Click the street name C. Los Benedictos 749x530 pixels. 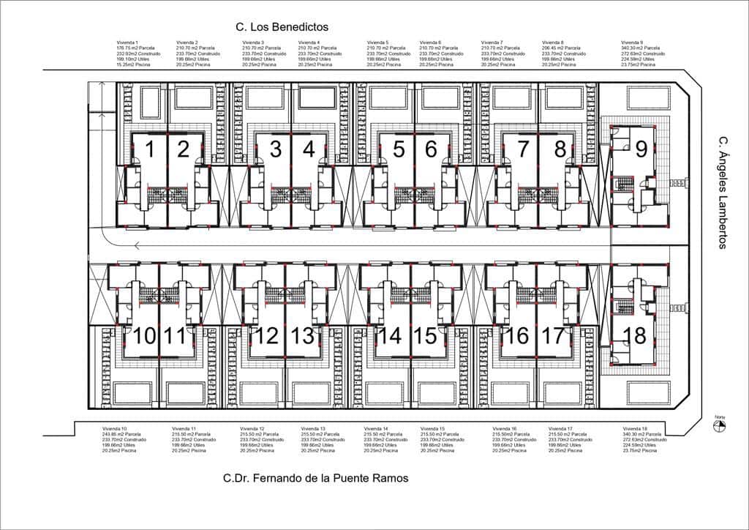pyautogui.click(x=282, y=26)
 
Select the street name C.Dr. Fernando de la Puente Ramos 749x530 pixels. pyautogui.click(x=315, y=479)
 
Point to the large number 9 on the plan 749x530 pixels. pyautogui.click(x=641, y=149)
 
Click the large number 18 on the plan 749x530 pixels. pyautogui.click(x=635, y=336)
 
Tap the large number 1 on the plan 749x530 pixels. pyautogui.click(x=150, y=149)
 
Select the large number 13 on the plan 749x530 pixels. pyautogui.click(x=302, y=336)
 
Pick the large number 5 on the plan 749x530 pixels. pyautogui.click(x=399, y=149)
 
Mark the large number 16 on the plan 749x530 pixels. pyautogui.click(x=517, y=336)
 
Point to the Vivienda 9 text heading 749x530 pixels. pyautogui.click(x=631, y=43)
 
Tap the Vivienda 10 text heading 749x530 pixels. pyautogui.click(x=114, y=428)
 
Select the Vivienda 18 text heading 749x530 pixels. pyautogui.click(x=633, y=428)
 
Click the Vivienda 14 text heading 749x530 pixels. pyautogui.click(x=376, y=428)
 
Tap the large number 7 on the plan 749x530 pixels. pyautogui.click(x=523, y=149)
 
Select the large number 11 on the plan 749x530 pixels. pyautogui.click(x=176, y=336)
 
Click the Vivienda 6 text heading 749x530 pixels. pyautogui.click(x=429, y=43)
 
